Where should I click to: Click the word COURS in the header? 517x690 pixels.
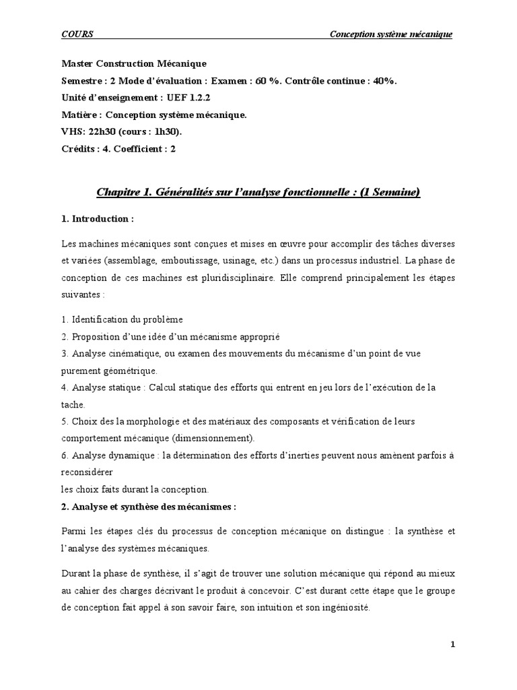click(x=77, y=34)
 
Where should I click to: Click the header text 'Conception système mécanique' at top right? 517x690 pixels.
click(x=390, y=34)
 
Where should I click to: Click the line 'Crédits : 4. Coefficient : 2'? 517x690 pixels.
click(x=118, y=149)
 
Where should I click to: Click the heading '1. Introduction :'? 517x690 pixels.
click(x=98, y=219)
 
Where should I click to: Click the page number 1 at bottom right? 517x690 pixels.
click(x=453, y=644)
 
